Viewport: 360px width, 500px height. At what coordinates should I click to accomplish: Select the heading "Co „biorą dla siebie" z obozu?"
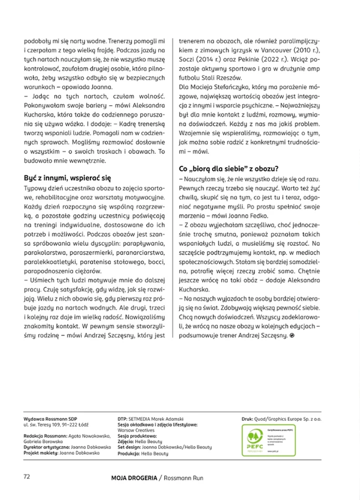(x=229, y=168)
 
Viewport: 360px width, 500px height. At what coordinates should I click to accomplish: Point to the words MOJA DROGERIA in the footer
(x=134, y=478)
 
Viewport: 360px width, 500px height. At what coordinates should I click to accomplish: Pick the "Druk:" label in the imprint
(x=250, y=418)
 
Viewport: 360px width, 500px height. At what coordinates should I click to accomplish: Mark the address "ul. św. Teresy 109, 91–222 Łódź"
(x=59, y=424)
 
